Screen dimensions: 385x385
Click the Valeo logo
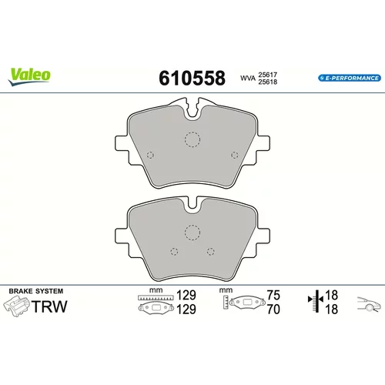(x=29, y=76)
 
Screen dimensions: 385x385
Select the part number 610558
(x=192, y=78)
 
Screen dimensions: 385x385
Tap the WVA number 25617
(x=268, y=75)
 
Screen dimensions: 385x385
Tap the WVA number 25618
(x=268, y=82)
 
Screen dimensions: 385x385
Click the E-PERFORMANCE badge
(x=350, y=78)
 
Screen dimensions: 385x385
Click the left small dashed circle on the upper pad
(x=150, y=155)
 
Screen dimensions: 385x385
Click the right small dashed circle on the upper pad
(x=235, y=155)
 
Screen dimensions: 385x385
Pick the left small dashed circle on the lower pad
(x=174, y=252)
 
